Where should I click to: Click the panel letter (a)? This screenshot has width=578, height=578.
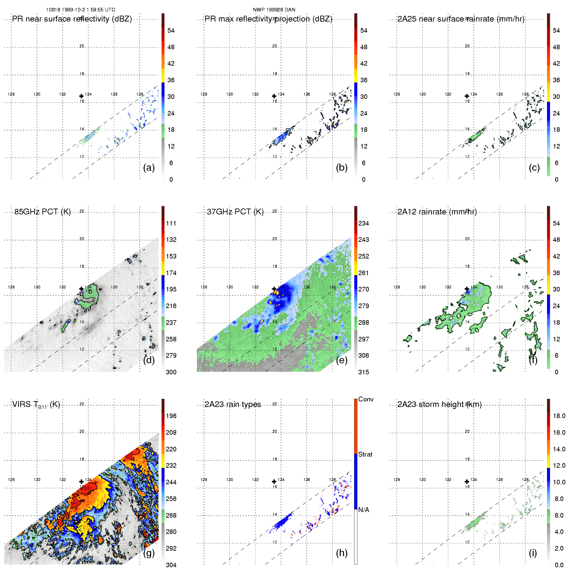click(x=149, y=168)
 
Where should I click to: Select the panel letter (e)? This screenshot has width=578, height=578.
click(x=341, y=360)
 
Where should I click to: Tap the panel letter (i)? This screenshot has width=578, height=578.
click(x=533, y=553)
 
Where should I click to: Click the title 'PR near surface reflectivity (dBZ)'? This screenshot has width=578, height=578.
click(x=72, y=19)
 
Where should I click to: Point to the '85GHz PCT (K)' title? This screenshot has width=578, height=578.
click(x=42, y=212)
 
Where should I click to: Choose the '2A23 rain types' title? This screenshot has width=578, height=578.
click(x=233, y=404)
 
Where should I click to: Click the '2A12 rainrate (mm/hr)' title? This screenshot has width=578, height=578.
click(x=437, y=212)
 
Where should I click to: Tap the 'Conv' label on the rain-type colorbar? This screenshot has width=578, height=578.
click(x=366, y=399)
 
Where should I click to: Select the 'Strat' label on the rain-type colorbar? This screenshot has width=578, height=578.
click(x=365, y=454)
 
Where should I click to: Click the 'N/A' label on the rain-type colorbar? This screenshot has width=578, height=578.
click(x=364, y=510)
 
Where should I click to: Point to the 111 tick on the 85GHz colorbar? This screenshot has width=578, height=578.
click(x=171, y=224)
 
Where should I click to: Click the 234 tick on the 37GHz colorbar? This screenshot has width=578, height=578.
click(x=364, y=224)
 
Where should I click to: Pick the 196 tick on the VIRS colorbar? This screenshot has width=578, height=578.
click(x=171, y=416)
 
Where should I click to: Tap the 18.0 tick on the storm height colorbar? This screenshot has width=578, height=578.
click(x=559, y=416)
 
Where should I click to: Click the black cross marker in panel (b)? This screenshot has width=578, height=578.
click(x=274, y=96)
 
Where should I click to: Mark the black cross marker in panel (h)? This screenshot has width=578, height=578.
click(x=274, y=482)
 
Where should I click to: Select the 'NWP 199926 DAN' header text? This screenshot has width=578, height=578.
click(x=274, y=10)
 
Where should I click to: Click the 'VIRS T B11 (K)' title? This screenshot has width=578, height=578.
click(x=36, y=405)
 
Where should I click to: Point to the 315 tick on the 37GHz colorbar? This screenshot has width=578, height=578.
click(x=364, y=372)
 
